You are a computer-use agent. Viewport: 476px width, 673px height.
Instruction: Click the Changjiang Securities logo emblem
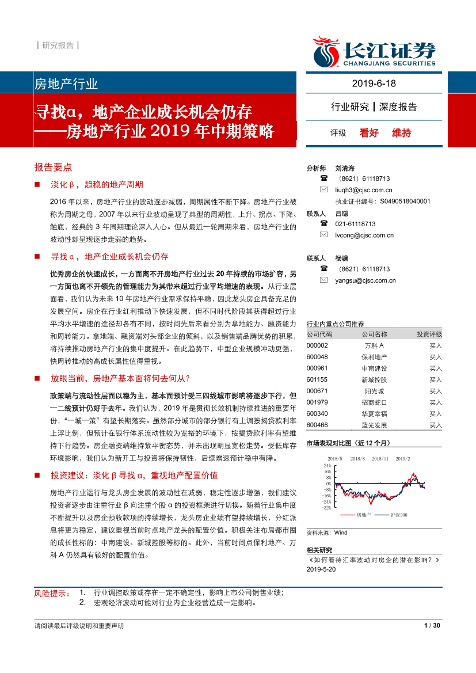(325, 51)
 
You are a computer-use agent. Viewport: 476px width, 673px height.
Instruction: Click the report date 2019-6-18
(374, 83)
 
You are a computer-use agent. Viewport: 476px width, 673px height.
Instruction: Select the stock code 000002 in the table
(317, 345)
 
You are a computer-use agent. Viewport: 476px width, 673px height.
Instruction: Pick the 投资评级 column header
(429, 334)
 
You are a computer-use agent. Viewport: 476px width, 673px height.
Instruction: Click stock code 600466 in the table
(317, 425)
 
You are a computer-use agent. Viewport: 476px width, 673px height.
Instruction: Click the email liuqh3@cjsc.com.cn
(363, 190)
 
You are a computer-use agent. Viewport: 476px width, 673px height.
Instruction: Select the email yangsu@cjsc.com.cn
(365, 280)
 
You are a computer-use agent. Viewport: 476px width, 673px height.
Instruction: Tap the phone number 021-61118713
(355, 224)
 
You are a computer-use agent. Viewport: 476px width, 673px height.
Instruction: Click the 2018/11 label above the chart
(380, 458)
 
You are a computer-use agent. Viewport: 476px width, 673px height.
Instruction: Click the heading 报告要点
(54, 167)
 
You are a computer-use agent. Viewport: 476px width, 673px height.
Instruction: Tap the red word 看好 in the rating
(369, 133)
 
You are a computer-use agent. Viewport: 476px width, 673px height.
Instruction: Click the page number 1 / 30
(432, 625)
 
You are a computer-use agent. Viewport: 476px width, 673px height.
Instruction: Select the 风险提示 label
(51, 593)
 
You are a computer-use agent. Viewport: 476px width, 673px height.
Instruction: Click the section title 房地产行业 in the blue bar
(66, 84)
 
